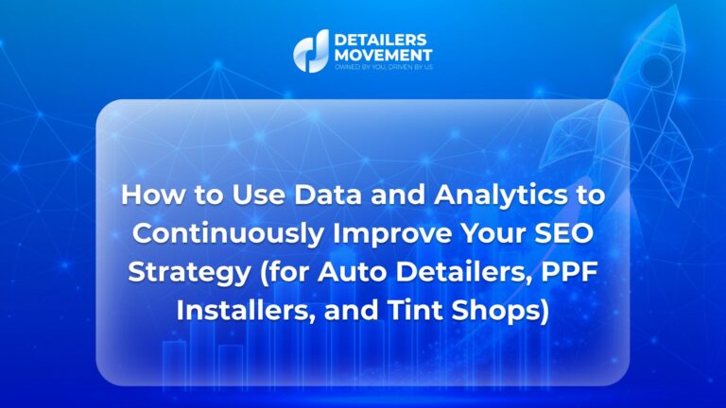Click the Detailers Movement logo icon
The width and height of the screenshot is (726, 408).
click(x=311, y=51)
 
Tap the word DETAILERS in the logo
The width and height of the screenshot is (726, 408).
click(x=380, y=40)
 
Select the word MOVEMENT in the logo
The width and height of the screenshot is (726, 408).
click(x=383, y=55)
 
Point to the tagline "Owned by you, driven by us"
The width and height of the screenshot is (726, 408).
click(x=384, y=67)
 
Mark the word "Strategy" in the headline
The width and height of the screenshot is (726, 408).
click(x=189, y=273)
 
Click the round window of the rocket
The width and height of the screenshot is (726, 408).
click(x=655, y=68)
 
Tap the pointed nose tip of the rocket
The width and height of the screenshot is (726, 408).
click(x=679, y=7)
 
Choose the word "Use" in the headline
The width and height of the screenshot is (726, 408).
click(x=258, y=195)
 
